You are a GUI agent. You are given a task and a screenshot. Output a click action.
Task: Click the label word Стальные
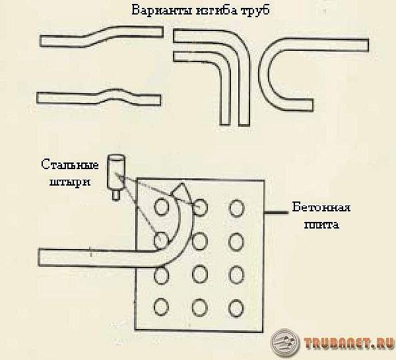[x=70, y=165]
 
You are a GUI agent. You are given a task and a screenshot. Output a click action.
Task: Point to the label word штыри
[x=70, y=182]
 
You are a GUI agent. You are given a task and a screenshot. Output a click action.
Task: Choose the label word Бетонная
[x=321, y=207]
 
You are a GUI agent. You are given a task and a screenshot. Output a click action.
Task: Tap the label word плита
[x=321, y=225]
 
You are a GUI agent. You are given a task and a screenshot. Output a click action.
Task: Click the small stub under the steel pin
[x=115, y=195]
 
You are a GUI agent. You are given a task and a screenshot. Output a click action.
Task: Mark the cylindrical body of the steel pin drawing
[x=116, y=172]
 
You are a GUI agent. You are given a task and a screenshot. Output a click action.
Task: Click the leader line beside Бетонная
[x=276, y=213]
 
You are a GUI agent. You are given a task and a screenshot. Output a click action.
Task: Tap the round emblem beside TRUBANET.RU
[x=285, y=342]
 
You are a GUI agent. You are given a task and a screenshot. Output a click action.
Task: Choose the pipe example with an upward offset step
[x=101, y=36]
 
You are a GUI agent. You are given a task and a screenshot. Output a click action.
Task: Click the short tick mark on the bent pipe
[x=91, y=252]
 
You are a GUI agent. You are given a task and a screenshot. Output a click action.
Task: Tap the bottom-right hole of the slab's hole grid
[x=237, y=308]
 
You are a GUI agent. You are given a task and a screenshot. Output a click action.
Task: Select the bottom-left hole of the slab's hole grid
[x=161, y=306]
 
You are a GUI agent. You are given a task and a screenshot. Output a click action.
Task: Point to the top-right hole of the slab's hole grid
[x=237, y=208]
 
